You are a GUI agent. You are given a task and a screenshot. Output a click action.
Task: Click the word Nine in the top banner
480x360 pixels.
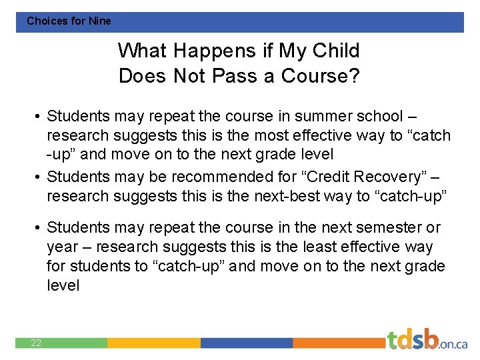point(100,21)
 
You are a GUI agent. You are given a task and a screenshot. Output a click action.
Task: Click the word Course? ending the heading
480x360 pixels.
point(321,76)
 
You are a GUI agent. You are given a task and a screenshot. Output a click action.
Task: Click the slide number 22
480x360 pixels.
point(36,343)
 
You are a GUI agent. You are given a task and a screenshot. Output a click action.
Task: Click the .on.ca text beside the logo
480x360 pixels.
point(453,344)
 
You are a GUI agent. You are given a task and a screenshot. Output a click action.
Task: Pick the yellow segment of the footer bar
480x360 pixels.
point(153,343)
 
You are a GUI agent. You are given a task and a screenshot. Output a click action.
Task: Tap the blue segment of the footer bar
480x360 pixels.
point(247,343)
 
